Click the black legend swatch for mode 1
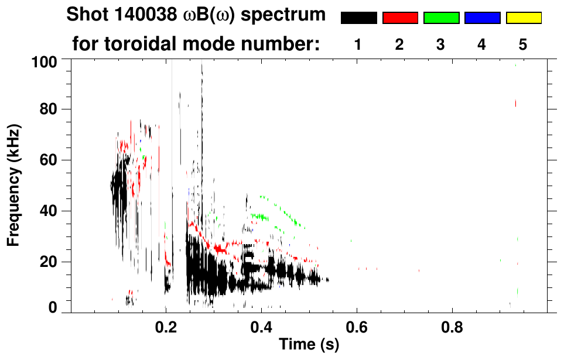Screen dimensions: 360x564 (358, 18)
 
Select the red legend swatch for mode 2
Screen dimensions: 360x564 (400, 18)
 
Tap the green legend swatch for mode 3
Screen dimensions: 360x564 (441, 18)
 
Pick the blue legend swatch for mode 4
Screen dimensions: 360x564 (482, 18)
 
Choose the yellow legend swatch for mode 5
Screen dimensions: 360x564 (523, 18)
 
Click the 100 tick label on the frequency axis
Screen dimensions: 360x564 (45, 61)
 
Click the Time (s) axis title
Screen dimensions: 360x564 (309, 346)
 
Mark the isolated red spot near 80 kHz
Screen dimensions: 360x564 (515, 104)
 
